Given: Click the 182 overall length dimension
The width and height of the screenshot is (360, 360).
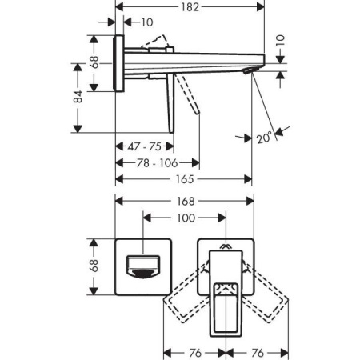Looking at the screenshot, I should pyautogui.click(x=190, y=7).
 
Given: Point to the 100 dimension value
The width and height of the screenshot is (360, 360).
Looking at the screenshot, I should pyautogui.click(x=185, y=218).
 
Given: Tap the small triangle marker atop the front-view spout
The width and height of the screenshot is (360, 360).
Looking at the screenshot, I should pyautogui.click(x=225, y=246).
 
